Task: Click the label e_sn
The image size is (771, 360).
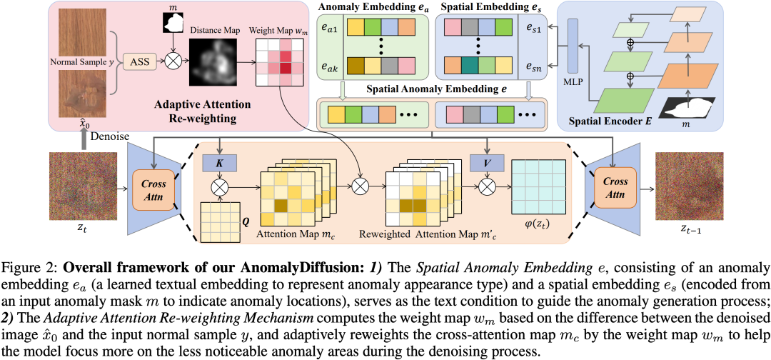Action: pos(534,69)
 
